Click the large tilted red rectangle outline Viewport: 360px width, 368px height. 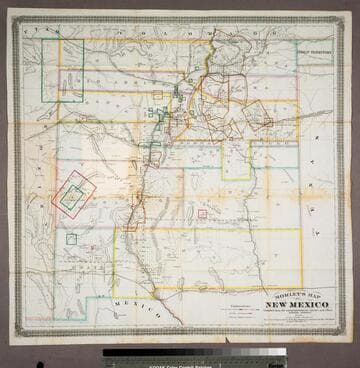point(74,195)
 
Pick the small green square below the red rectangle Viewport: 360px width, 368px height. point(71,239)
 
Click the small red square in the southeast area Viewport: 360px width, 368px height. point(202,213)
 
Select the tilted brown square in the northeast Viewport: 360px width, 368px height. point(257,116)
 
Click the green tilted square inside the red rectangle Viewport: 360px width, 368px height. point(72,197)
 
